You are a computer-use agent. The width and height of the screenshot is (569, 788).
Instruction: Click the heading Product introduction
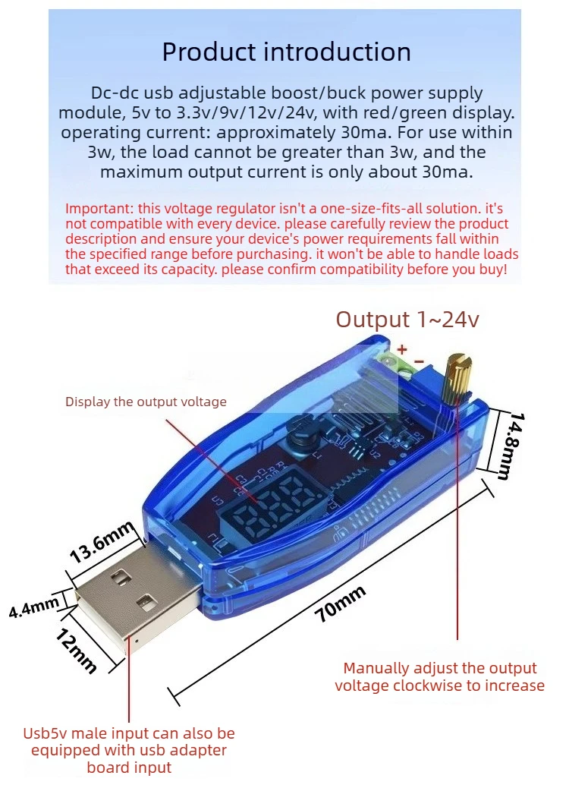(x=286, y=52)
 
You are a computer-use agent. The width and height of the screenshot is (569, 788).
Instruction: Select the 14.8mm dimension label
(x=511, y=446)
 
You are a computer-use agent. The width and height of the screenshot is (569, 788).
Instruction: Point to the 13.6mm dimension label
(x=102, y=542)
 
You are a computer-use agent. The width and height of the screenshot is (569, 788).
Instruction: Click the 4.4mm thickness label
(x=34, y=607)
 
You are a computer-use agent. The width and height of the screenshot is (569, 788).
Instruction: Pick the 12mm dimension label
(x=75, y=650)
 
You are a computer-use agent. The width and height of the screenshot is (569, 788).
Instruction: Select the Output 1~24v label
(x=407, y=319)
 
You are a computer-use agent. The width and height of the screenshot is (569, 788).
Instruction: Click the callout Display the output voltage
(x=146, y=402)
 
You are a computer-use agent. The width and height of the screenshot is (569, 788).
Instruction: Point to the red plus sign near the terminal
(x=402, y=348)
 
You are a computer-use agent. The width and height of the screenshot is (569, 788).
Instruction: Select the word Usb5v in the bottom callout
(x=45, y=733)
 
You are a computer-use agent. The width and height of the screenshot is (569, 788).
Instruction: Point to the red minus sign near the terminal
(x=419, y=361)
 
